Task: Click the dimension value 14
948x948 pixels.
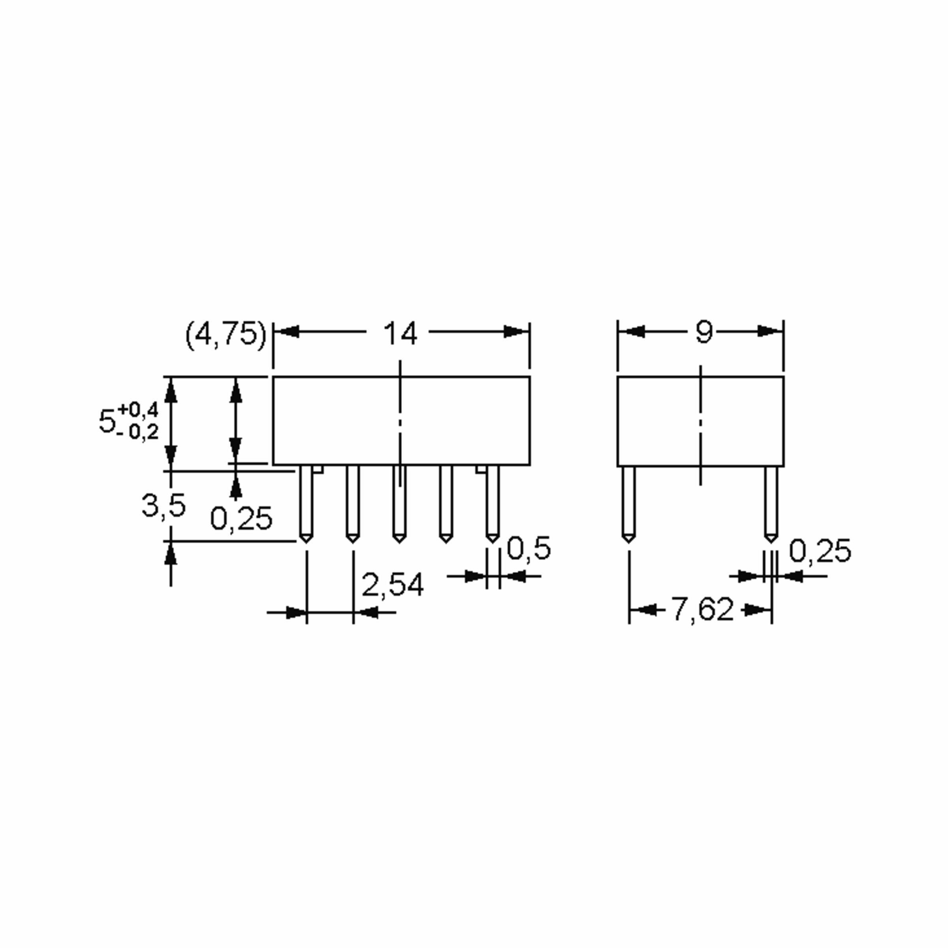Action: (x=400, y=334)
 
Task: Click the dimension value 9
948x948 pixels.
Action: (x=703, y=332)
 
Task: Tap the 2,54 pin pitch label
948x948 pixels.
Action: (x=392, y=585)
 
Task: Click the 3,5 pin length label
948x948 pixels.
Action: (x=164, y=506)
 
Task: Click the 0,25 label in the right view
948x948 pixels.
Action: (x=820, y=551)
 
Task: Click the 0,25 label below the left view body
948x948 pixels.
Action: (x=241, y=519)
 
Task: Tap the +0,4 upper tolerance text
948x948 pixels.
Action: (x=138, y=410)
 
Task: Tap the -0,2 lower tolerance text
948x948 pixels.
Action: (x=138, y=432)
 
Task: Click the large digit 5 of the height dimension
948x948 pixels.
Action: (x=107, y=421)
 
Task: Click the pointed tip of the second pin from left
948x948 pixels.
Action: (x=352, y=540)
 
